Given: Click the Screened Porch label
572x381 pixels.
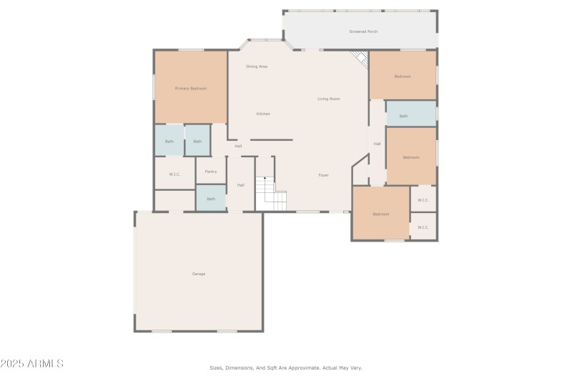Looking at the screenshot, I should pyautogui.click(x=363, y=31).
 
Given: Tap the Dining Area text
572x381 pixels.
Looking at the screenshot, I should pyautogui.click(x=257, y=66).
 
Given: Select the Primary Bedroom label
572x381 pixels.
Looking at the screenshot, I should pyautogui.click(x=191, y=88).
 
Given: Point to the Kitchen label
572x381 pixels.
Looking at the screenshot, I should pyautogui.click(x=263, y=114).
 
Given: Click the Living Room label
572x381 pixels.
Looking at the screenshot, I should pyautogui.click(x=328, y=99).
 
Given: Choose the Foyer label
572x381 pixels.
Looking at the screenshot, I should pyautogui.click(x=323, y=175).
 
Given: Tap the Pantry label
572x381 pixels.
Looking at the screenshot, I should pyautogui.click(x=211, y=172).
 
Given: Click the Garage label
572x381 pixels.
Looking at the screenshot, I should pyautogui.click(x=198, y=274).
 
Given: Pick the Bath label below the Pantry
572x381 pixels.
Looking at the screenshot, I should pyautogui.click(x=211, y=199).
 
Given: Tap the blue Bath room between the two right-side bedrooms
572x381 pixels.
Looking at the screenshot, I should pyautogui.click(x=410, y=114).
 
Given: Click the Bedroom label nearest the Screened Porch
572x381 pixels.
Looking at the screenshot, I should pyautogui.click(x=403, y=76).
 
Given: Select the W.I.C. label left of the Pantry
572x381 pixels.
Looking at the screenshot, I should pyautogui.click(x=174, y=174).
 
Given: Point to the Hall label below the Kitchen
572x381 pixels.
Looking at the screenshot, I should pyautogui.click(x=238, y=146).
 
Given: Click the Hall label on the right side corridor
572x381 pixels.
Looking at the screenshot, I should pyautogui.click(x=377, y=144).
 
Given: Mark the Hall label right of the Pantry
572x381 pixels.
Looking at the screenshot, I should pyautogui.click(x=241, y=185).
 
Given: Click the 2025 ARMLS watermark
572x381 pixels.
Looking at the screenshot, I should pyautogui.click(x=32, y=364).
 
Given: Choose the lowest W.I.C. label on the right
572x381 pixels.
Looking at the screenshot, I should pyautogui.click(x=423, y=228).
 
